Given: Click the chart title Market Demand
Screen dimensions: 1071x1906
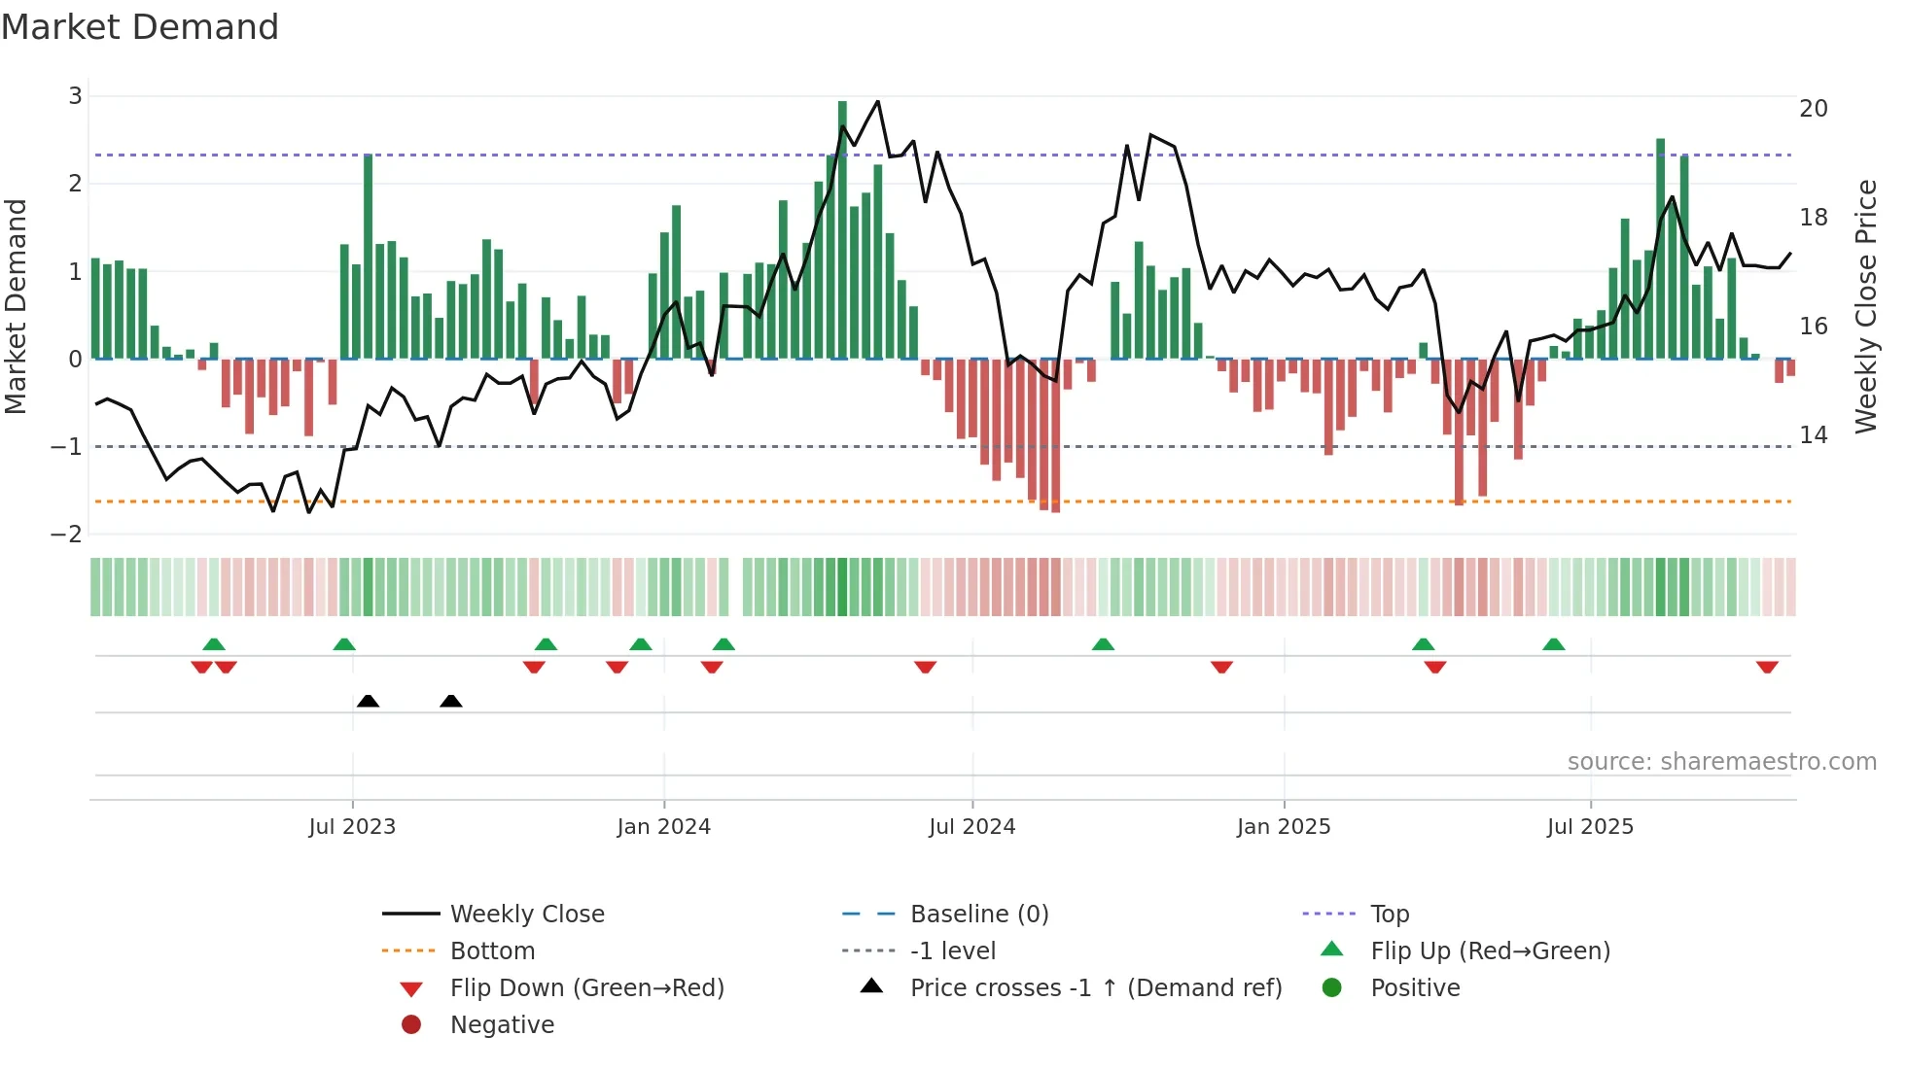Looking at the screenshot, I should click(140, 27).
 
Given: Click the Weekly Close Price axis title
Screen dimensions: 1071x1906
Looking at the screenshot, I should click(1865, 306).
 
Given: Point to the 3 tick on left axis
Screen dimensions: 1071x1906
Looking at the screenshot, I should click(75, 96).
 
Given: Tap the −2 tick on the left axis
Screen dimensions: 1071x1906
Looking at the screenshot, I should click(66, 535).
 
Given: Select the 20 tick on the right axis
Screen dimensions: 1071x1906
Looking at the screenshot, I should click(1813, 109).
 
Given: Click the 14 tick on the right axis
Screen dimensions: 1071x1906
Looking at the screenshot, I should click(1813, 435).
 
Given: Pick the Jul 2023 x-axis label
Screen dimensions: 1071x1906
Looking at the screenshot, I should click(352, 827).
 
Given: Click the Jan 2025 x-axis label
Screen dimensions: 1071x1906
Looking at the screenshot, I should click(1283, 827).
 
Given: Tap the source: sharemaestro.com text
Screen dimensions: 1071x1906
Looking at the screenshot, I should click(1721, 762).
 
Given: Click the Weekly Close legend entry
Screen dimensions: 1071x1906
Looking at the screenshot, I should click(526, 915).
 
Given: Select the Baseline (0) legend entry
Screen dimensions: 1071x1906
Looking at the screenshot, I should click(978, 915).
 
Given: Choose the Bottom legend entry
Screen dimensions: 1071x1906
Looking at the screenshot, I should click(492, 951).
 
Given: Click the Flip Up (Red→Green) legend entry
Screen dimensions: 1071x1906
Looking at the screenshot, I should click(1490, 951).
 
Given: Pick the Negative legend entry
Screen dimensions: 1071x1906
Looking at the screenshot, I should click(502, 1025).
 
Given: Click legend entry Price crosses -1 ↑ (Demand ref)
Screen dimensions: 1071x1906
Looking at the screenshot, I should click(1095, 988).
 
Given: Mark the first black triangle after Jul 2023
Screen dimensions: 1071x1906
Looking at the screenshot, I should click(368, 701).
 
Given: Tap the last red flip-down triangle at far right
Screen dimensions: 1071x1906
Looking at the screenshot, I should click(1767, 667).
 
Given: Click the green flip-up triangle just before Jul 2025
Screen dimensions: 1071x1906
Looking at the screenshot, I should click(1553, 644).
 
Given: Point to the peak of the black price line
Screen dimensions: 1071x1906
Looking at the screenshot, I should click(878, 101).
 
